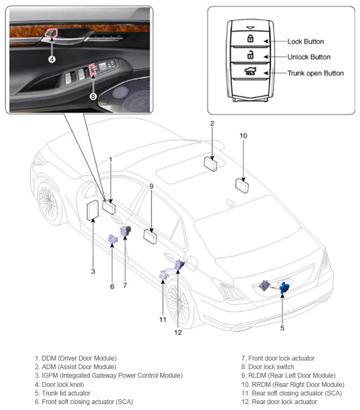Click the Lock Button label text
(x=305, y=41)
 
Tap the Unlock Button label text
(x=309, y=57)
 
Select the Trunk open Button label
(x=315, y=73)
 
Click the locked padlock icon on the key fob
(x=250, y=38)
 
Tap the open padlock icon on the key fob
(x=250, y=55)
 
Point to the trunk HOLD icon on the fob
(x=250, y=71)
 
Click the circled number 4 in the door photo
(x=52, y=59)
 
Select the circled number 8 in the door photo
(x=93, y=97)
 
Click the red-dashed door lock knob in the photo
(x=51, y=33)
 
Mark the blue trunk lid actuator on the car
(x=284, y=287)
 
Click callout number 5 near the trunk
(x=282, y=328)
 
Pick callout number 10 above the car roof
(x=243, y=136)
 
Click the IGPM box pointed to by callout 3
(x=92, y=210)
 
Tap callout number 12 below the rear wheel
(x=178, y=332)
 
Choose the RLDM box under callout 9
(x=150, y=236)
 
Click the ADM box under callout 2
(x=211, y=164)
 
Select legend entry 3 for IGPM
(x=109, y=376)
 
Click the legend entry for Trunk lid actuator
(x=63, y=393)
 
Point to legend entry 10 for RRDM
(x=293, y=384)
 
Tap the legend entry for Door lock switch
(x=268, y=367)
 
